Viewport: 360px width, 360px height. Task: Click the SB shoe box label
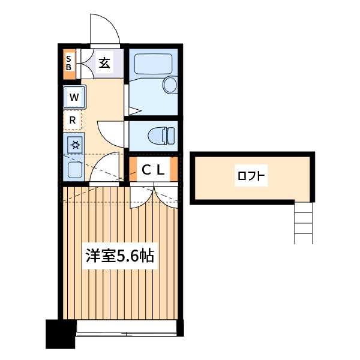[x=68, y=63]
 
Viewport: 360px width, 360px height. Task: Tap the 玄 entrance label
[x=104, y=63]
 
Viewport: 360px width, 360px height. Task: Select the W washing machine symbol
[x=74, y=97]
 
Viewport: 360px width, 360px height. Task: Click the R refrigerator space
[x=73, y=120]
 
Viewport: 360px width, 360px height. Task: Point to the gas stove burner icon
[x=75, y=145]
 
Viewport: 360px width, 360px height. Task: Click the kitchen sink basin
[x=75, y=170]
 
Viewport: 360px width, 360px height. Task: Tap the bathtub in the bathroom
[x=153, y=64]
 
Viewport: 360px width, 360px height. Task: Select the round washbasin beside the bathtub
[x=170, y=85]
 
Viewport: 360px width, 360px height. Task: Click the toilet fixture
[x=161, y=136]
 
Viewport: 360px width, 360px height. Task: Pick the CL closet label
[x=153, y=170]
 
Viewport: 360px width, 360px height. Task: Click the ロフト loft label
[x=251, y=176]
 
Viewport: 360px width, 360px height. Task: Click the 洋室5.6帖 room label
[x=120, y=256]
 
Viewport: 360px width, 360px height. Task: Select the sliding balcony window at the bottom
[x=126, y=328]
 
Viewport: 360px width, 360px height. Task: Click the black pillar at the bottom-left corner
[x=61, y=334]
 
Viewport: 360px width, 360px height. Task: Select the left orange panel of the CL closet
[x=133, y=169]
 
